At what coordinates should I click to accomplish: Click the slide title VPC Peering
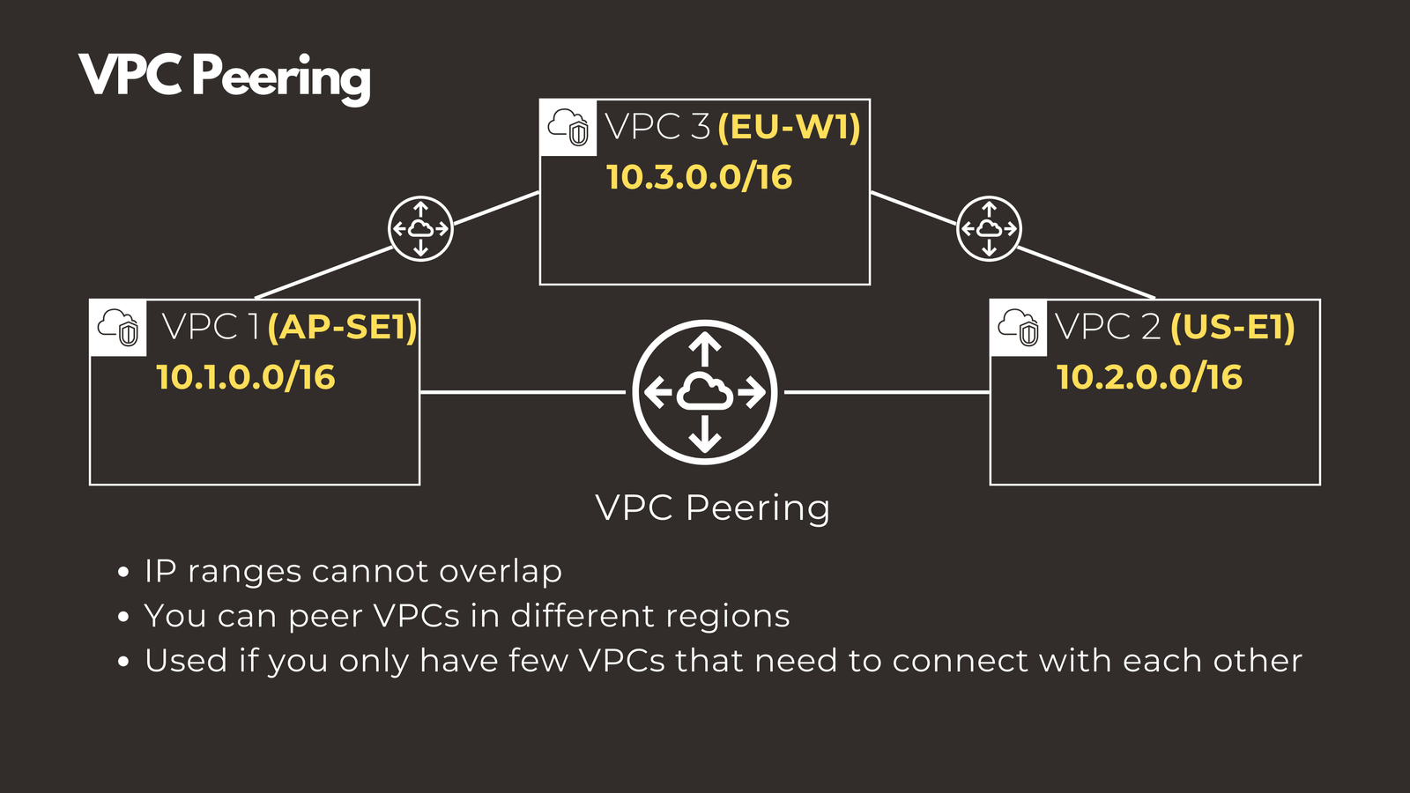[x=225, y=76]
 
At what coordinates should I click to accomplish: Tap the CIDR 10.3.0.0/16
[x=699, y=177]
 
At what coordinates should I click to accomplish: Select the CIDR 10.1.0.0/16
[x=246, y=377]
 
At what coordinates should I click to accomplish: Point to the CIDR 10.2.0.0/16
[x=1149, y=377]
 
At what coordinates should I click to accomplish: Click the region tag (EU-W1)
[x=789, y=128]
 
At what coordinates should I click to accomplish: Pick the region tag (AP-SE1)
[x=342, y=328]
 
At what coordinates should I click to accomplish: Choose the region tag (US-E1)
[x=1232, y=328]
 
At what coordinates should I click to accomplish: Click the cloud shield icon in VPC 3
[x=568, y=128]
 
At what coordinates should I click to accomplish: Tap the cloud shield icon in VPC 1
[x=119, y=328]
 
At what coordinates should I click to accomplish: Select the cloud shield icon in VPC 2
[x=1019, y=328]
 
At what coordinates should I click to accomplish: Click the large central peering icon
[x=705, y=392]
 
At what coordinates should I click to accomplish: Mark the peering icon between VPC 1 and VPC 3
[x=421, y=228]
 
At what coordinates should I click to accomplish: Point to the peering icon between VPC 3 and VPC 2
[x=989, y=228]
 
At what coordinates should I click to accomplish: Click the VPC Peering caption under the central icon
[x=712, y=508]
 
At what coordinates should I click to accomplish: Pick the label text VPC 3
[x=657, y=128]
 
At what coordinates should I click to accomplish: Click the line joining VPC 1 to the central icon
[x=524, y=392]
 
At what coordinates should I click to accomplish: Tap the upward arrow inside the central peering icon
[x=705, y=348]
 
